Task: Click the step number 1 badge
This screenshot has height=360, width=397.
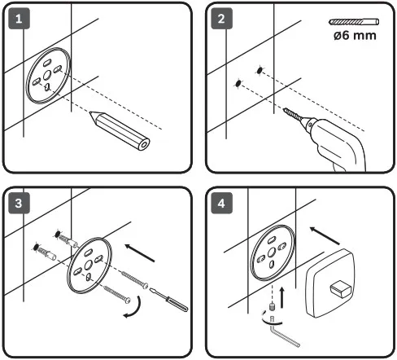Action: pos(19,19)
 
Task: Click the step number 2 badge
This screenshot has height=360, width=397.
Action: pos(221,19)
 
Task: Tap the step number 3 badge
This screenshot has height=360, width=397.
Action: pos(19,203)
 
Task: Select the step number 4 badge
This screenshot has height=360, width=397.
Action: pos(221,203)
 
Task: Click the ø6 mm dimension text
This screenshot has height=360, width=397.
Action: pos(355,36)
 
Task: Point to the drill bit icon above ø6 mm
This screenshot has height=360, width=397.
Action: pos(354,22)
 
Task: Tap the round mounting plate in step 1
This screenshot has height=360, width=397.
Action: pos(48,76)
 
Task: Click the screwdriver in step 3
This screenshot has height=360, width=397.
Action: pos(168,300)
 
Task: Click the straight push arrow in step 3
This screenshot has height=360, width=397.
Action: pos(140,253)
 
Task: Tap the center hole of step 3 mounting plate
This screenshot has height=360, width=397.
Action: pos(88,265)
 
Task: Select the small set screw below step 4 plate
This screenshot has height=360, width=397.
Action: pos(272,307)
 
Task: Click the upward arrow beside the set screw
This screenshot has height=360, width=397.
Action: pos(282,297)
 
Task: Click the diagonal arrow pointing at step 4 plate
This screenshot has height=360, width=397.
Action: pos(325,235)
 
